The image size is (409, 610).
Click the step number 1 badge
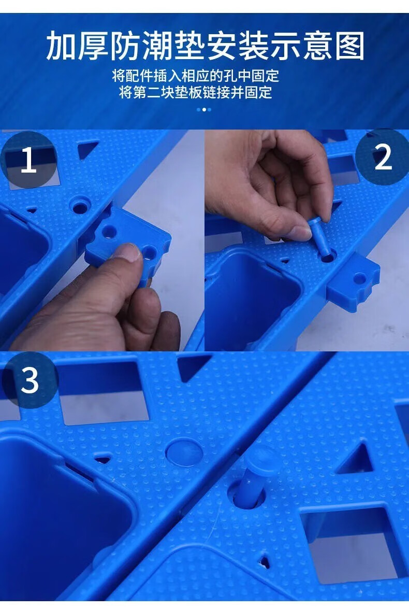coord(28,160)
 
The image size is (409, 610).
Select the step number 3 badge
coord(30,380)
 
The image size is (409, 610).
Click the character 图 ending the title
coord(350,46)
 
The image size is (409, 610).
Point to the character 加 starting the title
coord(61,46)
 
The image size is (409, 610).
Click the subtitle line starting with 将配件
coord(196,76)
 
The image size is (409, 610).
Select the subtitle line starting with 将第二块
coord(196,93)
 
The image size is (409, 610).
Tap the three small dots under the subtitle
coord(204,110)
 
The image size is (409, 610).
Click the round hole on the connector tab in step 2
coord(360,278)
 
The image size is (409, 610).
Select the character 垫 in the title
coord(189,46)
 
